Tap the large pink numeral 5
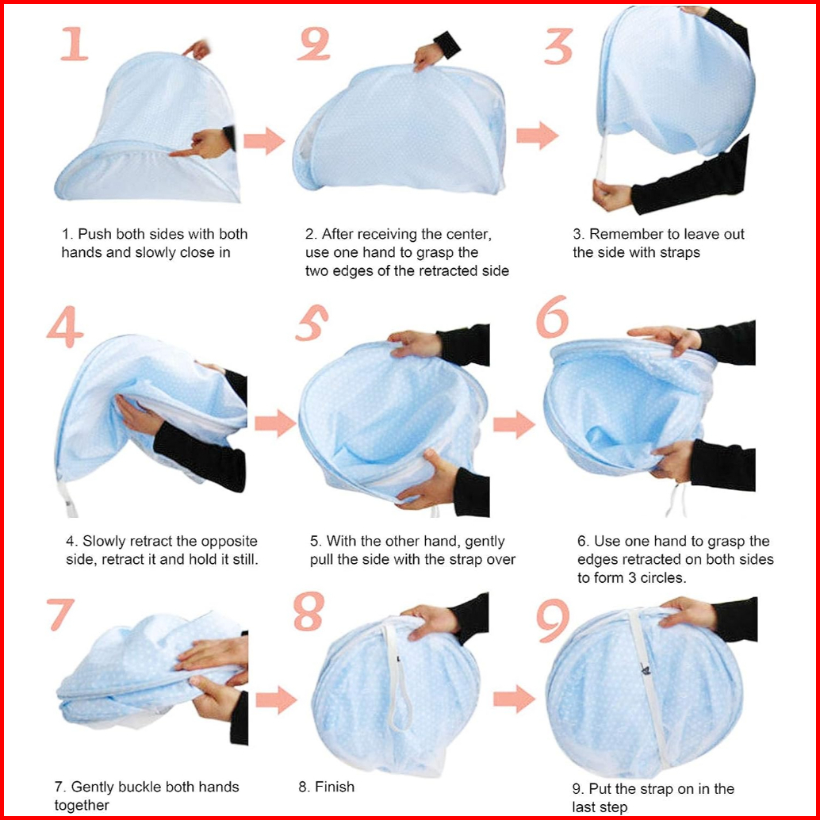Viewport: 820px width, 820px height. click(x=312, y=323)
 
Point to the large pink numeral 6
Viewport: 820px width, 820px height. click(x=552, y=316)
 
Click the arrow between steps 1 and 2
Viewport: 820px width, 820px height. click(x=264, y=140)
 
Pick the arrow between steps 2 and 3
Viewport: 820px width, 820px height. click(x=537, y=136)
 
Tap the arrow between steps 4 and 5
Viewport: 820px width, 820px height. click(x=276, y=423)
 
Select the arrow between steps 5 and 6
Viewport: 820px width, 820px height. click(x=514, y=424)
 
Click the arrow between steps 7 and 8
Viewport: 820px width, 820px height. click(x=276, y=700)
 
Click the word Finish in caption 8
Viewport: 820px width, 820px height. click(x=334, y=787)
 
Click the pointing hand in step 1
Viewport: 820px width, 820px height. click(x=202, y=144)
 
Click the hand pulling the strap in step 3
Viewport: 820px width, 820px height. click(x=612, y=194)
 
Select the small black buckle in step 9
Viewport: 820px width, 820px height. click(x=646, y=669)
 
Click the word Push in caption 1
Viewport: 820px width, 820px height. click(x=94, y=234)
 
